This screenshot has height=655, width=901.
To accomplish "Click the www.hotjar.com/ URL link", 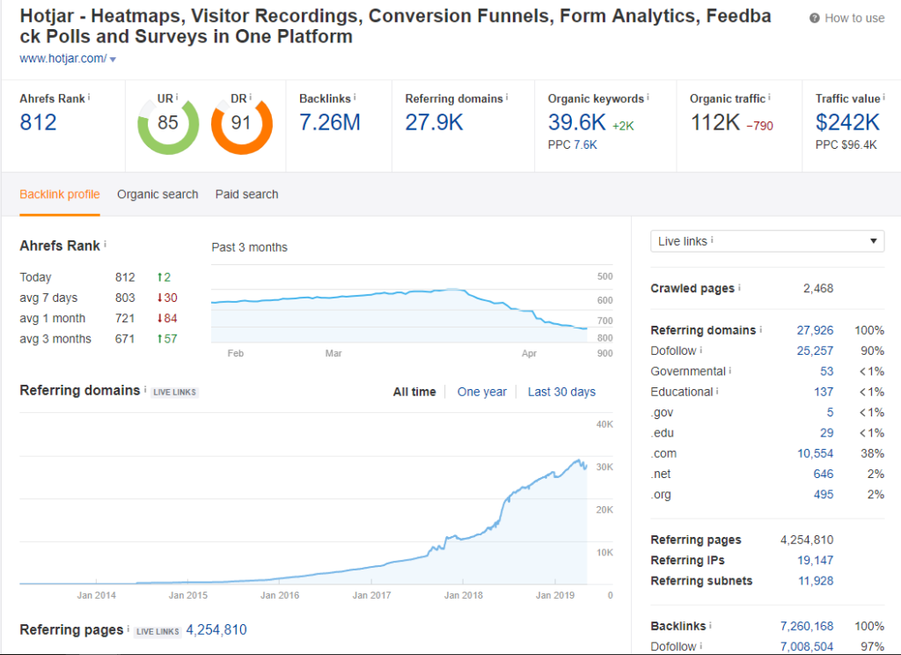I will point(63,59).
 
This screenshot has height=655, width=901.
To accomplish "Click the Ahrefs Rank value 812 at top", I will point(38,122).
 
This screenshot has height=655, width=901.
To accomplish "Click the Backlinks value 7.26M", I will point(330,122).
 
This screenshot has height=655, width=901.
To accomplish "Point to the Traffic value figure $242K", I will point(847,122).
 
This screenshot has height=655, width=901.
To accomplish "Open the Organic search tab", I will point(157,195).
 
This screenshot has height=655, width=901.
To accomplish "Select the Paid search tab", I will point(246,195).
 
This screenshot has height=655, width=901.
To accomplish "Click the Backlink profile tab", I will point(60,195).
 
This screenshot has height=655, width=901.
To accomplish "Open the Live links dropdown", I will point(766,241).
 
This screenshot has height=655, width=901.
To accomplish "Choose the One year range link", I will point(481,392).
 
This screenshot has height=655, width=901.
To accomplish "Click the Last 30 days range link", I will point(561,392).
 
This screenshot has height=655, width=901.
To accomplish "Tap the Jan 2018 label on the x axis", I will point(463,595).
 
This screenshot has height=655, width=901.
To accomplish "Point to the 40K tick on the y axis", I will point(604,424).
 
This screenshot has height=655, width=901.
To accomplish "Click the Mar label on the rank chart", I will point(333,353).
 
